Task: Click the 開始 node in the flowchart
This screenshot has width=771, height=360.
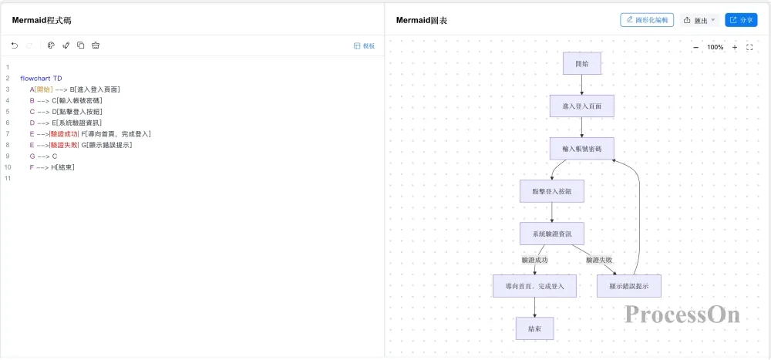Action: click(581, 63)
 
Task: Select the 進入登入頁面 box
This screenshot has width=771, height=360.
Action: click(581, 106)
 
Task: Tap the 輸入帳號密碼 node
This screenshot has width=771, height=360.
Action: click(581, 149)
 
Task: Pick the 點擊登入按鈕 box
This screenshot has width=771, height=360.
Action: click(552, 191)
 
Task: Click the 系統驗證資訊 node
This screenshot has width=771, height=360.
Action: click(552, 234)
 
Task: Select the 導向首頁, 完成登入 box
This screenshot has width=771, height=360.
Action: click(534, 286)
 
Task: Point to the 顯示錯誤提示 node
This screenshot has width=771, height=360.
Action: click(629, 286)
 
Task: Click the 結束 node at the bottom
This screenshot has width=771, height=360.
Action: click(534, 328)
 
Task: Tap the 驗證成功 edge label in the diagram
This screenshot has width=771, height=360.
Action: click(534, 260)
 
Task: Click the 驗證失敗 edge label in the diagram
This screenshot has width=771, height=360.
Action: click(599, 260)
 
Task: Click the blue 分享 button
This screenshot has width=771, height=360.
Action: click(741, 20)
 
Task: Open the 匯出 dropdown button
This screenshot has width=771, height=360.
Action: click(700, 20)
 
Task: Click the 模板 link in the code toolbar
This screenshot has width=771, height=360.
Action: click(365, 45)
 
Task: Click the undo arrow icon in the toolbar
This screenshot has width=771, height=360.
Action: click(15, 45)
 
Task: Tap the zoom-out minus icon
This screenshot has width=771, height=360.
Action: click(695, 47)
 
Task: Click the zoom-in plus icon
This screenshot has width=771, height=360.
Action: click(735, 47)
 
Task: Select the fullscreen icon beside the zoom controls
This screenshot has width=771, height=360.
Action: click(750, 47)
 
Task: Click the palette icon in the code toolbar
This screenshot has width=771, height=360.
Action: click(51, 45)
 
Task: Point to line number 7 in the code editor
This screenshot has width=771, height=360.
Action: click(8, 134)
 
